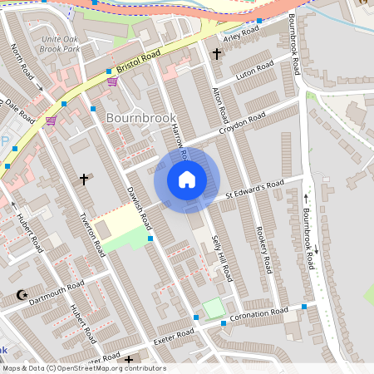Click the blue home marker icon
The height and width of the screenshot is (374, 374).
tap(187, 180)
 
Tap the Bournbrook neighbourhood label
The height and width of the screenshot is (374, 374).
tap(140, 118)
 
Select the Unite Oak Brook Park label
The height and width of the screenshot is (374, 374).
tap(59, 43)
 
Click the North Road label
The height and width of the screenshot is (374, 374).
tap(27, 67)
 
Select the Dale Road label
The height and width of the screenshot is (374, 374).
tap(22, 111)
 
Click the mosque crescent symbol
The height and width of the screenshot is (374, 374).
tap(22, 295)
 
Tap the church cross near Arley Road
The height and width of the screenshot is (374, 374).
tap(217, 54)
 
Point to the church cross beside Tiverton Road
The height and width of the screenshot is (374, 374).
tap(83, 179)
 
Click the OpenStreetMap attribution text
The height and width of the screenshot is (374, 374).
tap(83, 368)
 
